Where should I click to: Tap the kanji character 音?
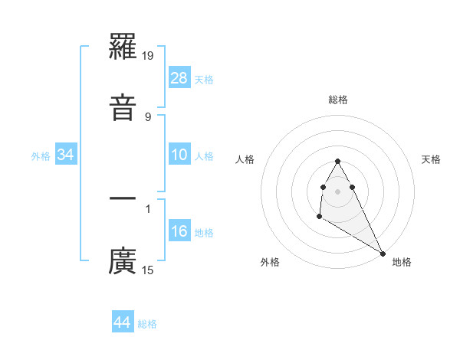coord(123,106)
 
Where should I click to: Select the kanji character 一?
coord(123,198)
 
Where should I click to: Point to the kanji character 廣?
coord(123,260)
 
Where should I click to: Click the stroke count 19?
coord(149,56)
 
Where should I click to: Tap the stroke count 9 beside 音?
coord(148,116)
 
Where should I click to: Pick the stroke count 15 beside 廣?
coord(148,270)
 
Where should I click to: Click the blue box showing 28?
coord(179,78)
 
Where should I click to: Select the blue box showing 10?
coord(179,155)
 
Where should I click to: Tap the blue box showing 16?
coord(179,231)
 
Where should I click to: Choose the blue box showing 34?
coord(66,155)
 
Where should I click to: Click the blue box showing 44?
coord(122,322)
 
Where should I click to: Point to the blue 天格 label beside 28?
coord(204,80)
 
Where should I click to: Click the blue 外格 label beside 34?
coord(41,156)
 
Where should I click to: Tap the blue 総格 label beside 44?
coord(147,324)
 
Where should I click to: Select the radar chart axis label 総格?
coord(338,100)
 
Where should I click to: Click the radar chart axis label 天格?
coord(431,159)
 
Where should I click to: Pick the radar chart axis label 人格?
coord(245,159)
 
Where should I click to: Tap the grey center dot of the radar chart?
coord(338,191)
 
